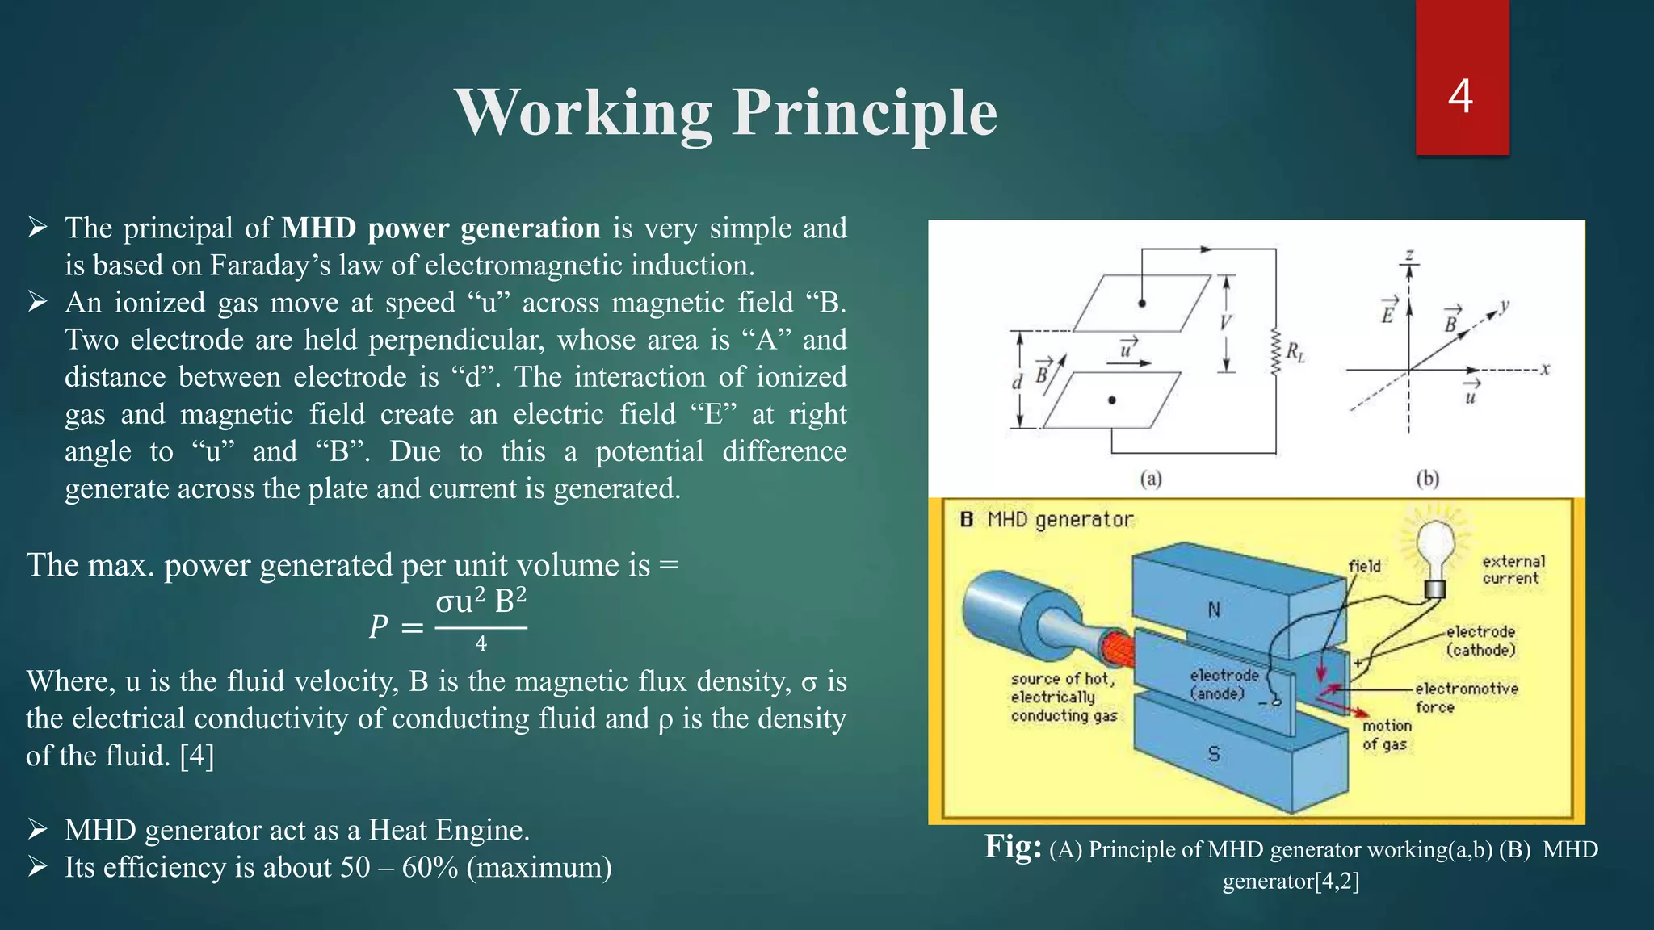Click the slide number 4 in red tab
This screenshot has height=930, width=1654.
pyautogui.click(x=1460, y=97)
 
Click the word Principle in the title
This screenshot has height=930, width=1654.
pyautogui.click(x=864, y=113)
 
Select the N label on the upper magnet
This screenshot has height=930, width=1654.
pyautogui.click(x=1213, y=610)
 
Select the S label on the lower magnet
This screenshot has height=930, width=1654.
pyautogui.click(x=1213, y=754)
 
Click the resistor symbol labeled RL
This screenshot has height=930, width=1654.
pyautogui.click(x=1276, y=352)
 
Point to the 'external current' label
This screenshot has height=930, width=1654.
pyautogui.click(x=1513, y=569)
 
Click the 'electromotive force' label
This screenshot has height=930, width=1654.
pyautogui.click(x=1465, y=697)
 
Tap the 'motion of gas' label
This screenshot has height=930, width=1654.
pyautogui.click(x=1386, y=735)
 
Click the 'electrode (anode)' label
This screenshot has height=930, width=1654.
pyautogui.click(x=1224, y=684)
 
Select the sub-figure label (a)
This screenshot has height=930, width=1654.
pyautogui.click(x=1151, y=479)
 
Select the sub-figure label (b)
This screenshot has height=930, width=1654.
pyautogui.click(x=1428, y=479)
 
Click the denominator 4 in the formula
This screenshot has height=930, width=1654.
pyautogui.click(x=481, y=644)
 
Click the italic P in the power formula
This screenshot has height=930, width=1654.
pyautogui.click(x=378, y=627)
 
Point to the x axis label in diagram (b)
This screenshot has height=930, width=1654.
pyautogui.click(x=1545, y=369)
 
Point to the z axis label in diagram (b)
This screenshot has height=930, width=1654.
pyautogui.click(x=1409, y=255)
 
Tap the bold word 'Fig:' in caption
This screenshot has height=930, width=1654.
pyautogui.click(x=1013, y=847)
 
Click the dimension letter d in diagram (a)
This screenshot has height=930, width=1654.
pyautogui.click(x=1017, y=382)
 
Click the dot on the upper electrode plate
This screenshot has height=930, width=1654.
pyautogui.click(x=1142, y=304)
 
